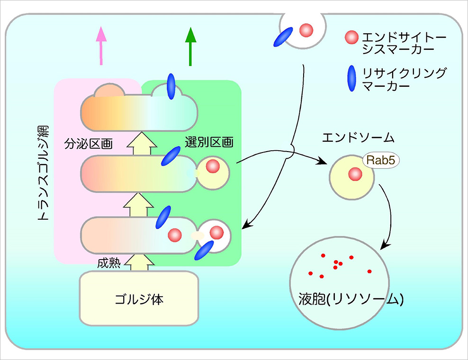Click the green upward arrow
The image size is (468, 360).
pos(190,46)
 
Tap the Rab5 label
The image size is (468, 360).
pos(381,160)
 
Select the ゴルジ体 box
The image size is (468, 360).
pos(139,298)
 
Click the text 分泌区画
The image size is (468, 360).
pos(89,144)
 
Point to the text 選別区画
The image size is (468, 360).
pos(209,142)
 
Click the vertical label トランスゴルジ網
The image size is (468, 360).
pos(43,173)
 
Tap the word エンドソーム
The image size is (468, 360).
pos(358,138)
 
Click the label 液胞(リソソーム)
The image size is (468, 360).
pos(351,299)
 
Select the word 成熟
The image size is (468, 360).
pos(109,263)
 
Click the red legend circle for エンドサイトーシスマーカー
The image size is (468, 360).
pos(351,37)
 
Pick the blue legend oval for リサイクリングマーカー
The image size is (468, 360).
pos(352,78)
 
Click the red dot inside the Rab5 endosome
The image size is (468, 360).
pos(355,174)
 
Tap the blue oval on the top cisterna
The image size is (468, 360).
pos(171,87)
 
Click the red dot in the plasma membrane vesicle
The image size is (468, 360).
pos(306,30)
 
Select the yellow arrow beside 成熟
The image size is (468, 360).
pos(139,262)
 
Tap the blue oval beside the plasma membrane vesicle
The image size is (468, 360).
pos(283,37)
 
